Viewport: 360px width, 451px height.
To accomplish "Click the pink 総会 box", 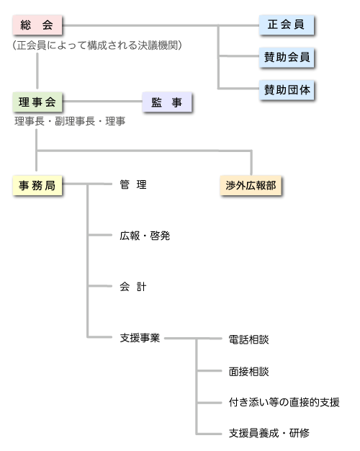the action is pyautogui.click(x=37, y=25).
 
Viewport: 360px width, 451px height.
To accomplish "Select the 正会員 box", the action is pyautogui.click(x=286, y=25).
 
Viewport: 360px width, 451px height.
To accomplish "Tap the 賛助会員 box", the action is pyautogui.click(x=287, y=58).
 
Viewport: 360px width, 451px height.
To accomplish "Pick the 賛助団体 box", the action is pyautogui.click(x=287, y=90).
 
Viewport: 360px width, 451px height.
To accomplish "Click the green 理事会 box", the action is pyautogui.click(x=37, y=102).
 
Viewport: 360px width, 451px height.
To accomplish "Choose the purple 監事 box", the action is pyautogui.click(x=167, y=102).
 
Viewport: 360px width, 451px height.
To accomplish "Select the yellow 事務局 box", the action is pyautogui.click(x=37, y=186).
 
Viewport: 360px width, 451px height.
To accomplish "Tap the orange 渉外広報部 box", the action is pyautogui.click(x=251, y=186).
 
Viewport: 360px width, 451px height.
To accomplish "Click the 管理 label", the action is pyautogui.click(x=133, y=184).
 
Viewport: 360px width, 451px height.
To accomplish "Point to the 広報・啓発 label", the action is pyautogui.click(x=145, y=236).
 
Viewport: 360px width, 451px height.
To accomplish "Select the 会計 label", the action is pyautogui.click(x=133, y=287).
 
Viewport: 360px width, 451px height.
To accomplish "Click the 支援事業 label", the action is pyautogui.click(x=140, y=338).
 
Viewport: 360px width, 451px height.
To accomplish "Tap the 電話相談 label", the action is pyautogui.click(x=248, y=339).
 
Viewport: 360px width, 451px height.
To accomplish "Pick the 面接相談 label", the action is pyautogui.click(x=248, y=372).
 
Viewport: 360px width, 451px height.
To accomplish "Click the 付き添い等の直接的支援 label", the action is pyautogui.click(x=284, y=402).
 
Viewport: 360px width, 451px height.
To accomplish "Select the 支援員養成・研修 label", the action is pyautogui.click(x=269, y=433).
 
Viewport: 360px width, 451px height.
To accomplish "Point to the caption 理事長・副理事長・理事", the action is pyautogui.click(x=70, y=121).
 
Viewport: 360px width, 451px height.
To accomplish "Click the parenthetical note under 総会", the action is pyautogui.click(x=97, y=45).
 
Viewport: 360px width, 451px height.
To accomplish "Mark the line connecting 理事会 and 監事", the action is pyautogui.click(x=102, y=102).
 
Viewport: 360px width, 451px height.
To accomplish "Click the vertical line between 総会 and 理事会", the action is pyautogui.click(x=37, y=71).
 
